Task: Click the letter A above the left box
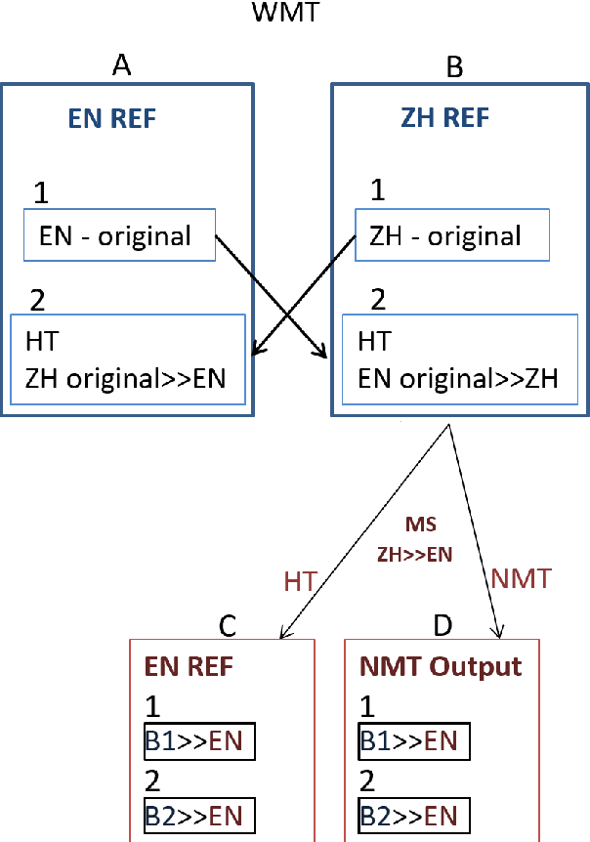[122, 65]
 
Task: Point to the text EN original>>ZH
[458, 378]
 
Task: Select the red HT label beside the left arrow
[300, 581]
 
